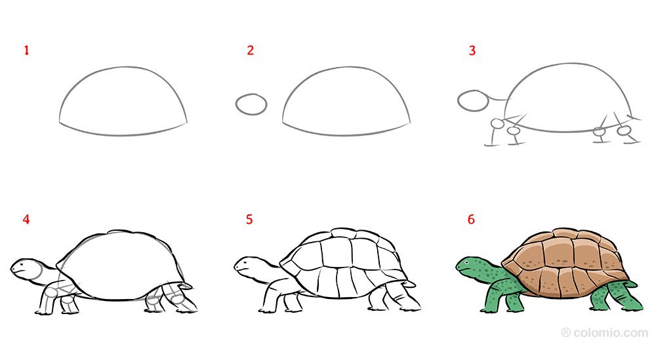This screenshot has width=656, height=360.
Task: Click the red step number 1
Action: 27,50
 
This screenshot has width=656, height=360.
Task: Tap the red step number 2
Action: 250,50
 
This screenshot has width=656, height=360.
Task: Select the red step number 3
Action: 472,50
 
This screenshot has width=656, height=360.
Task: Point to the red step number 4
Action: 26,220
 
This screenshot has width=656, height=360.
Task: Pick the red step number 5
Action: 249,220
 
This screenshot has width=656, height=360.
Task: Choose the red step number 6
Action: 471,220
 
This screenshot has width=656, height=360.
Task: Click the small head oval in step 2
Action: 251,104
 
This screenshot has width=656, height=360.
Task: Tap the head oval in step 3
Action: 472,101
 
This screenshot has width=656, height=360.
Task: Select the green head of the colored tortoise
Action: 471,266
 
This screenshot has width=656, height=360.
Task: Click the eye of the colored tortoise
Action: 468,262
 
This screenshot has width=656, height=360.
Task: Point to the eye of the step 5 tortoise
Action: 245,262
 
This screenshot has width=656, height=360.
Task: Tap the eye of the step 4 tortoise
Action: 23,262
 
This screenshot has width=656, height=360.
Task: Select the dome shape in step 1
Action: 123,102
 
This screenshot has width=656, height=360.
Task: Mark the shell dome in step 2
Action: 346,102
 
